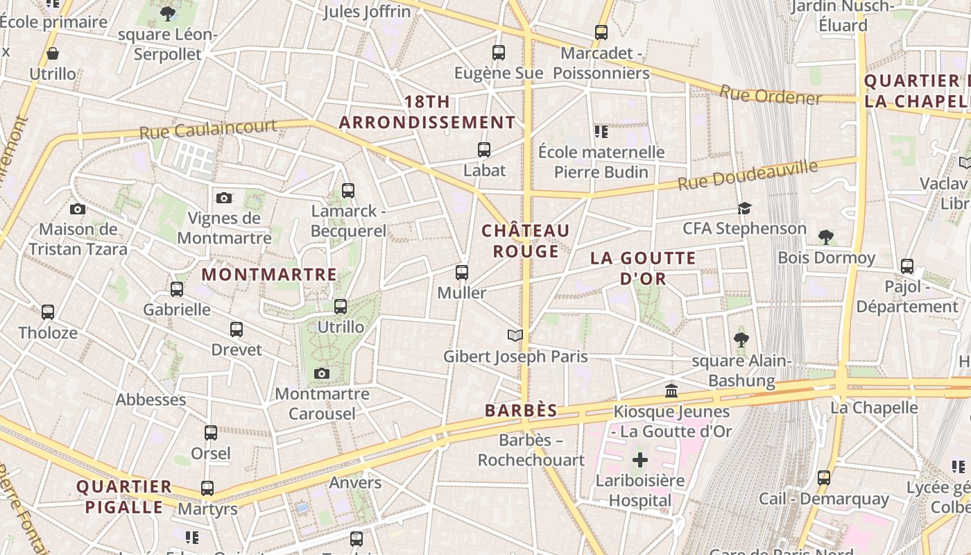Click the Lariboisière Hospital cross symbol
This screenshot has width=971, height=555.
tap(640, 460)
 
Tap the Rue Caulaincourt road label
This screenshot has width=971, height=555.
tap(208, 130)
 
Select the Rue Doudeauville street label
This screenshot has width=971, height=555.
tap(748, 175)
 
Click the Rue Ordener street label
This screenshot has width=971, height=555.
tap(770, 95)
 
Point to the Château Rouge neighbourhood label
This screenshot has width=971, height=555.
tap(526, 241)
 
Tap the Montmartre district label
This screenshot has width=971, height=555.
tap(269, 275)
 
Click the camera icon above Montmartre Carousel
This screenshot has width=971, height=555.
tap(321, 374)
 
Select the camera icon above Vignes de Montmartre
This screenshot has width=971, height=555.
tap(224, 198)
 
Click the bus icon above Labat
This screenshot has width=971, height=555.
tap(484, 150)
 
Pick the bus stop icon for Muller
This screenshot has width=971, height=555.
tap(462, 273)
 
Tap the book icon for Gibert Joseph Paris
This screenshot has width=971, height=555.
tap(515, 336)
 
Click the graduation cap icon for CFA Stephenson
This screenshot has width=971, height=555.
tap(744, 208)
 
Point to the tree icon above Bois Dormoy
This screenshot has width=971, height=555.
tap(825, 237)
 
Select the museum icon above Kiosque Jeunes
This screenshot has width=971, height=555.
tap(671, 391)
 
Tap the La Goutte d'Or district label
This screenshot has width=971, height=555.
tap(643, 268)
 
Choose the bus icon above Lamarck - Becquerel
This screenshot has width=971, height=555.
tap(348, 191)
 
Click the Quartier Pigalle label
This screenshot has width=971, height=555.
tap(124, 497)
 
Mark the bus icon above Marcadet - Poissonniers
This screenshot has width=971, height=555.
tap(601, 33)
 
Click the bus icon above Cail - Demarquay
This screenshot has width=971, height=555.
tap(824, 478)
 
